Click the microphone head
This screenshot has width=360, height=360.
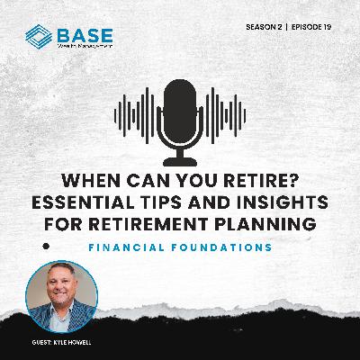click(179, 107)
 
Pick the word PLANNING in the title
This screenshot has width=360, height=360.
click(274, 221)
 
